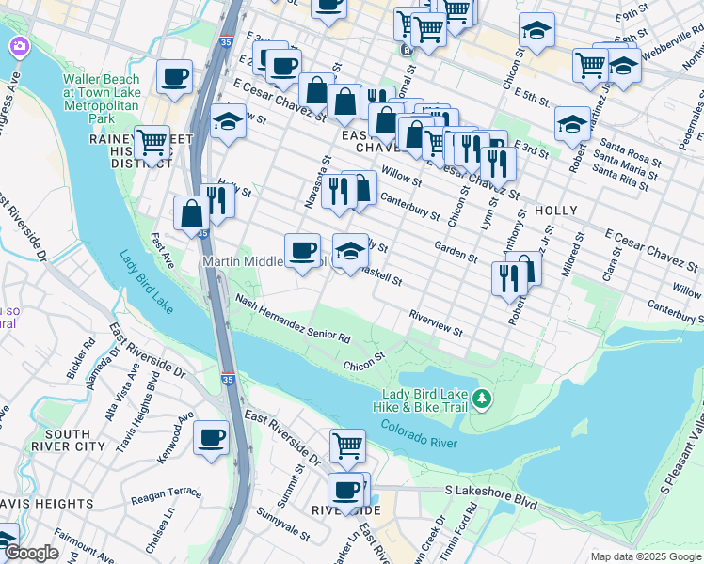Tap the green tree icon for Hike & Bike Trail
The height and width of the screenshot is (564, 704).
[x=482, y=400]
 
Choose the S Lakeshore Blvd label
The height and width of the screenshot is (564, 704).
[x=490, y=497]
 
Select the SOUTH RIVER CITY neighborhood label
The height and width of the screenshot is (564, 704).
[x=68, y=439]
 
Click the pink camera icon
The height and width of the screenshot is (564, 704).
[x=20, y=44]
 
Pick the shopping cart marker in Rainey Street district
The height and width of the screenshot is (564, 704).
[x=152, y=142]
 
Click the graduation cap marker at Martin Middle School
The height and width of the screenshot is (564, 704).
[x=350, y=249]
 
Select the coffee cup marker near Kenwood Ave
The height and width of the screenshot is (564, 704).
[x=211, y=436]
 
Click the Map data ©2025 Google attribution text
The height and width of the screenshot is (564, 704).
[x=645, y=556]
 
